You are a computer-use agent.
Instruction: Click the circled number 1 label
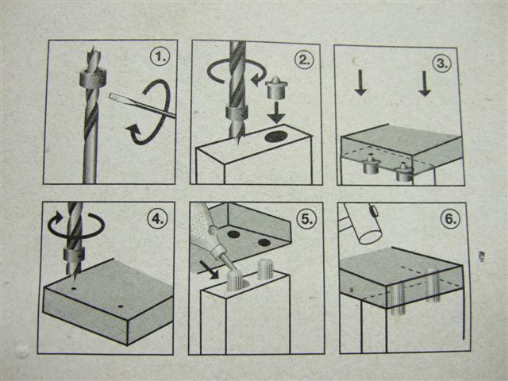(160, 57)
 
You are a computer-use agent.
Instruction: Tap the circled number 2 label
(304, 60)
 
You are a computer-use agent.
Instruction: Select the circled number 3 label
(442, 63)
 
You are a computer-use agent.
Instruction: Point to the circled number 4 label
(157, 219)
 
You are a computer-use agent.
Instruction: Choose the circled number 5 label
(306, 219)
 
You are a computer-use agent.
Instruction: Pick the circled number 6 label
(450, 219)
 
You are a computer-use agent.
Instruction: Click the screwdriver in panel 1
(143, 104)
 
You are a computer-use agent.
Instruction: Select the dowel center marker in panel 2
(276, 87)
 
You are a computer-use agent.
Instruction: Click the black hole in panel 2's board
(277, 137)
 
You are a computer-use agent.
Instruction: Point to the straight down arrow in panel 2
(276, 113)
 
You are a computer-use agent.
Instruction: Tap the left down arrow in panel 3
(360, 83)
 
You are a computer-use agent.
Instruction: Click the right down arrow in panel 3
(425, 84)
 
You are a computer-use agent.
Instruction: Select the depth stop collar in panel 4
(74, 254)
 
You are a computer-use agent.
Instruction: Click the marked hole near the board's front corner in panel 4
(121, 306)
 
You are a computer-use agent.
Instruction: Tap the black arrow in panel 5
(209, 270)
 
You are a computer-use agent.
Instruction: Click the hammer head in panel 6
(363, 224)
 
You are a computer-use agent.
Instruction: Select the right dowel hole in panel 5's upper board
(264, 242)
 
